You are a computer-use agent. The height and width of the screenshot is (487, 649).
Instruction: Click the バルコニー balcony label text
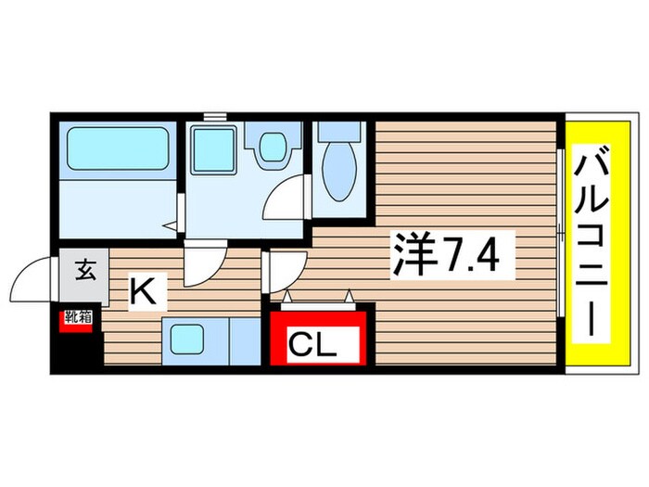pyautogui.click(x=590, y=246)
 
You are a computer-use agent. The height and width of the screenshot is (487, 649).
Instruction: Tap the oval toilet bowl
pyautogui.click(x=337, y=179)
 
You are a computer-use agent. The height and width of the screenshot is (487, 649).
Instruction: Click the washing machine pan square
pyautogui.click(x=214, y=149)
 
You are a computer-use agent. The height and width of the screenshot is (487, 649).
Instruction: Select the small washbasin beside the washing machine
pyautogui.click(x=272, y=146)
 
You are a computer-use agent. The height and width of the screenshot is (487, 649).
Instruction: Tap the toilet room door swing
pyautogui.click(x=288, y=195)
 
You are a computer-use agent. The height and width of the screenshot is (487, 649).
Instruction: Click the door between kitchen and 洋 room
pyautogui.click(x=283, y=270)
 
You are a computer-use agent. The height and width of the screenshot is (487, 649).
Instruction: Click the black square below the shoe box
pyautogui.click(x=78, y=349)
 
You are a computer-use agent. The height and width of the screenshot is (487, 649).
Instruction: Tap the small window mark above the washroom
pyautogui.click(x=215, y=116)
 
